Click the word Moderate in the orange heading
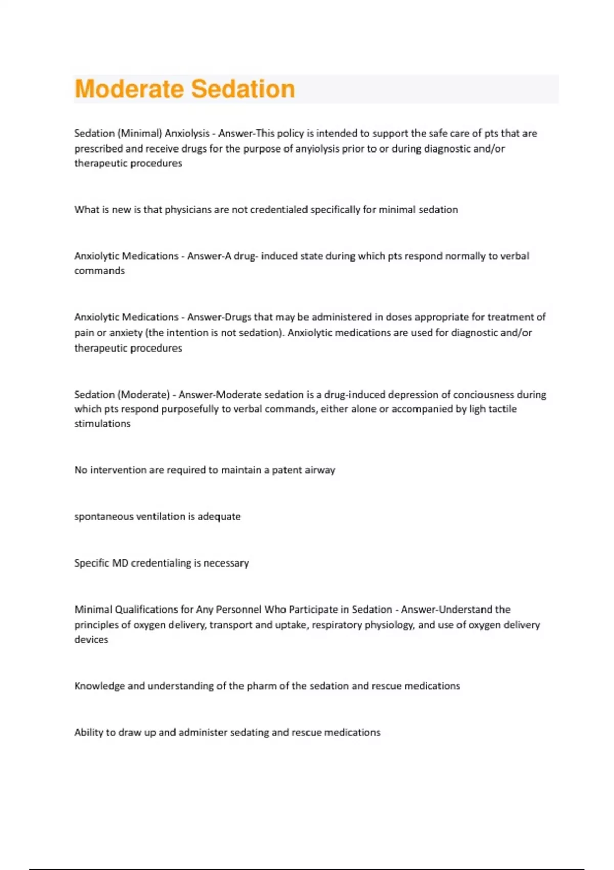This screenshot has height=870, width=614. pos(129,89)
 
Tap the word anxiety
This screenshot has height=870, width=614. pos(126,333)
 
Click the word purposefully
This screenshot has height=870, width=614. pos(190,409)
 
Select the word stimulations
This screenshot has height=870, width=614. pos(102,424)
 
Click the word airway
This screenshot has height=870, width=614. pos(319,470)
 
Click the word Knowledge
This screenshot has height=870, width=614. pos(99,686)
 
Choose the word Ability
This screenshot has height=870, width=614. pos(88,732)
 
